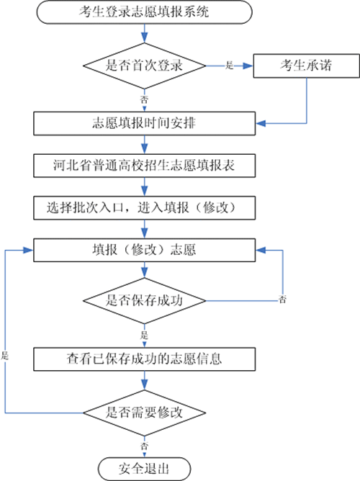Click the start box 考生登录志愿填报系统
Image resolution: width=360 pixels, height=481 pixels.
145,12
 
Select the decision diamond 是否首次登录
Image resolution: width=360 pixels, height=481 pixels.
145,65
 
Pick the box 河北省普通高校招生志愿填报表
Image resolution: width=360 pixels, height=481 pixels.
145,166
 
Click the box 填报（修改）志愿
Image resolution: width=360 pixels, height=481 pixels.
145,251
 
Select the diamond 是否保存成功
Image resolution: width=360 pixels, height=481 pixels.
145,300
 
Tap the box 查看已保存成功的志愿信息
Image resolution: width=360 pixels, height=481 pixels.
145,356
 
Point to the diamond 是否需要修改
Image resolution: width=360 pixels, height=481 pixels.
145,413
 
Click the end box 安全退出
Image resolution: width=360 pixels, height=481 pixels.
145,468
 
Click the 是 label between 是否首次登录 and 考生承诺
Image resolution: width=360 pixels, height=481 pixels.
230,66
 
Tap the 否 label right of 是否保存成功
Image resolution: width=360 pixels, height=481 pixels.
282,299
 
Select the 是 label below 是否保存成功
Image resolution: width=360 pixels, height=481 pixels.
145,335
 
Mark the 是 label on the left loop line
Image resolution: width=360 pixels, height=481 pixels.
6,356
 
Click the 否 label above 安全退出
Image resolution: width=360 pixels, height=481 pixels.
145,444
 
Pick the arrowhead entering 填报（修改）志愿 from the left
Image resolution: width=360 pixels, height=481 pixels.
30,250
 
